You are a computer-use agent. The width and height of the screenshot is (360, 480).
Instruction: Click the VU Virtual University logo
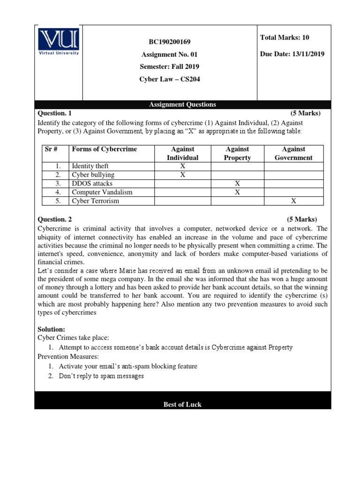pos(59,42)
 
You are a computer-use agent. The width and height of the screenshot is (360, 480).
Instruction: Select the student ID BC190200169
pos(170,42)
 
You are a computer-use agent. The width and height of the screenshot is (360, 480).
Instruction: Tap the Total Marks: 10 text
pos(285,37)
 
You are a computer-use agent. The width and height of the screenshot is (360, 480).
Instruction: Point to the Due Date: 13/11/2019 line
pos(292,54)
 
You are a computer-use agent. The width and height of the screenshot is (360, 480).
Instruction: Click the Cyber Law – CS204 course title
pos(170,79)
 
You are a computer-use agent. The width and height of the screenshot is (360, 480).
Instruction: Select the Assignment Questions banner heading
pos(182,105)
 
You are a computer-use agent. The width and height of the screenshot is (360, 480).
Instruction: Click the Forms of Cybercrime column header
pos(104,149)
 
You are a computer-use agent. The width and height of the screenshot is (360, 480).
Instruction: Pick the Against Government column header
pos(293,153)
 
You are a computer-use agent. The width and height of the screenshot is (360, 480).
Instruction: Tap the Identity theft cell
pos(90,166)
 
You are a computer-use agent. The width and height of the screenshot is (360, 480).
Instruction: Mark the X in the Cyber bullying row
pos(182,175)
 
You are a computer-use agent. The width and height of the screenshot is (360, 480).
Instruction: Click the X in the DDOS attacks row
pos(237,183)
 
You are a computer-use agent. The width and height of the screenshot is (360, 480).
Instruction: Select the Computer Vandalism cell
pos(102,192)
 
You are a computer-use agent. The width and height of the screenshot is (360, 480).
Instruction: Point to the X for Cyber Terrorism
pos(293,201)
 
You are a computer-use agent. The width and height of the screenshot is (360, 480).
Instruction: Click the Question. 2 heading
pos(54,219)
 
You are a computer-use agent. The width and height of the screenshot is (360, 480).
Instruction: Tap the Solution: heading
pos(51,330)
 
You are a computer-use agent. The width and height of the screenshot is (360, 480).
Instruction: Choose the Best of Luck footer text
pos(182,405)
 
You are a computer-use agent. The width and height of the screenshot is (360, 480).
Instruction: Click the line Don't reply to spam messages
pos(101,376)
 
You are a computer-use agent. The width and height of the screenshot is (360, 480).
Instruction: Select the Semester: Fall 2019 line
pos(170,67)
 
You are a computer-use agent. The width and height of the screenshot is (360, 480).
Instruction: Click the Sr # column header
pos(51,149)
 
